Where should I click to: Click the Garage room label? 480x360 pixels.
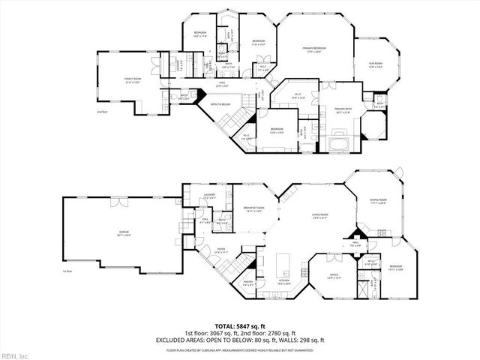(123, 234)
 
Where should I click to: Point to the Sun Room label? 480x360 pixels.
(375, 64)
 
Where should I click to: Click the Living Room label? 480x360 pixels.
(322, 217)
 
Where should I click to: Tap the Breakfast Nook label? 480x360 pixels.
(252, 209)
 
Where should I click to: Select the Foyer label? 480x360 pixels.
(220, 251)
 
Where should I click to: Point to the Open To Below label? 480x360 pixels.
(220, 104)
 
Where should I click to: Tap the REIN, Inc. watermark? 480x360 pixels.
(15, 354)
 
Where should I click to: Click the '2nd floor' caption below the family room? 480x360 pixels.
(102, 112)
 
